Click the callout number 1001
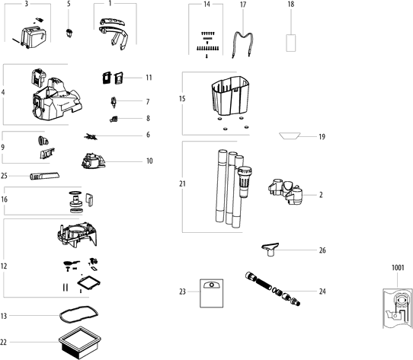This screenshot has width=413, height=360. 398,268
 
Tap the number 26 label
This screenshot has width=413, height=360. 322,250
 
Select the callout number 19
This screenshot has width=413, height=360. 322,137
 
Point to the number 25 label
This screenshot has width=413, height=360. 4,176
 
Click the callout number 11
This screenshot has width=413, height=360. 149,78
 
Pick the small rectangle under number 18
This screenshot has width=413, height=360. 291,43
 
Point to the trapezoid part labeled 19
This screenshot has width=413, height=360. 290,135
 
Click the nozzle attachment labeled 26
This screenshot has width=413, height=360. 271,249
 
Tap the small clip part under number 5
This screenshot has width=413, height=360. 69,33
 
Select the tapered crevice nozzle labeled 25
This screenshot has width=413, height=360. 44,176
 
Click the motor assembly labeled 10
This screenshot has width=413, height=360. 94,161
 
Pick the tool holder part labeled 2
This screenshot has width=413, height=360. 286,192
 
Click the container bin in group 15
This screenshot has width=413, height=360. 230,96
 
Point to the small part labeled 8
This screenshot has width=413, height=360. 114,119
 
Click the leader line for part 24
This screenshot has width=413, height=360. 299,292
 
